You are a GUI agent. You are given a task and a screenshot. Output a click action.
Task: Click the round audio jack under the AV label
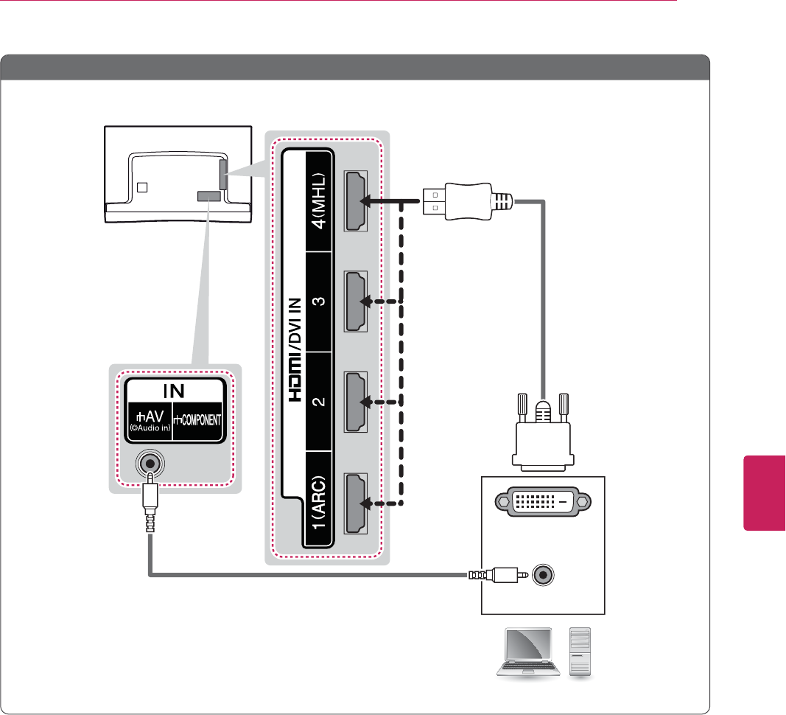150,464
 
